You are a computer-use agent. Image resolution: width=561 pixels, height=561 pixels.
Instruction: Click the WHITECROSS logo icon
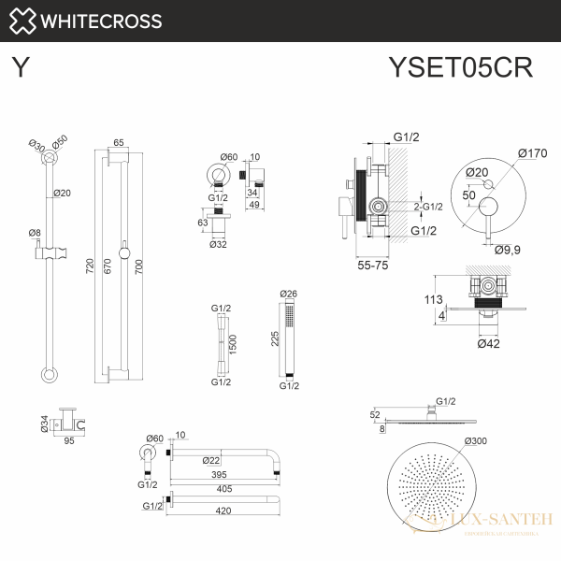coord(24,21)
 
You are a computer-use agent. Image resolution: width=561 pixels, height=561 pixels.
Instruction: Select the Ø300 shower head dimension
coord(477,440)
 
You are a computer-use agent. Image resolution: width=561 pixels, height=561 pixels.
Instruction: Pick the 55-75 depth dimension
coord(373,266)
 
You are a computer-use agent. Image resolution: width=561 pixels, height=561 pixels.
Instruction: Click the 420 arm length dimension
coord(223,511)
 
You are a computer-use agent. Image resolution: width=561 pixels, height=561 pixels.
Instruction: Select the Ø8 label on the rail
coord(35,232)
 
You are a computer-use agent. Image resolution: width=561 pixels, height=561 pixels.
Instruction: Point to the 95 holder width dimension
coord(68,440)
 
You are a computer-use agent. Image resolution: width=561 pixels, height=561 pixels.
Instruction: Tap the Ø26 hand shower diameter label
coord(289,294)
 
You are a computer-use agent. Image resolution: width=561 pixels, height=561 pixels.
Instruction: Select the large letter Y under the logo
coord(19,67)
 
